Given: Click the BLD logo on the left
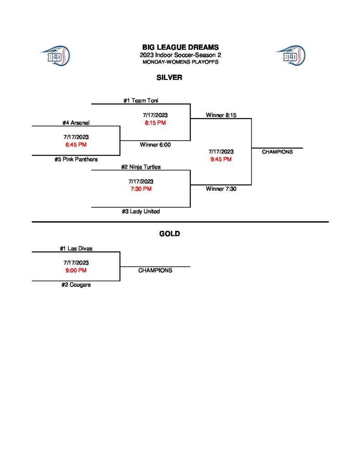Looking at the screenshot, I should (x=55, y=56).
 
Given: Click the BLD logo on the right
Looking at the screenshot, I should (x=290, y=56).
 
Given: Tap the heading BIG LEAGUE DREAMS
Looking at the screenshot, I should (x=180, y=47).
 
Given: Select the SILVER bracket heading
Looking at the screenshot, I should (x=169, y=78).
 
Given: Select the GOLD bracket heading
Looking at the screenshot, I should (x=169, y=234).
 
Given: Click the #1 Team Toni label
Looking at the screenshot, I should (x=141, y=101).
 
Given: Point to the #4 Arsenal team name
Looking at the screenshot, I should (x=76, y=123).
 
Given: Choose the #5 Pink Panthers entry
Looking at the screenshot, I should (x=76, y=160).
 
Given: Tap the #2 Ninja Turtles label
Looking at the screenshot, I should (x=141, y=167).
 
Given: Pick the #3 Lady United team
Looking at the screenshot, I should (x=141, y=212).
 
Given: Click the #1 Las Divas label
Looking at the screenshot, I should (x=76, y=249).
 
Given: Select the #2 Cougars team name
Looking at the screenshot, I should (x=76, y=285).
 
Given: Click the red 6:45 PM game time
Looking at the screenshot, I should (x=76, y=145).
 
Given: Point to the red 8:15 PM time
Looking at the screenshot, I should (x=155, y=123).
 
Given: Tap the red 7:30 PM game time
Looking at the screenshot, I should (x=141, y=189).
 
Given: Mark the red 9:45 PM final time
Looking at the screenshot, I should (x=221, y=159).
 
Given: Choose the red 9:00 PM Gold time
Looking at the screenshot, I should (x=76, y=270).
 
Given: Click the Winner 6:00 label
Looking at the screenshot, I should (x=155, y=145).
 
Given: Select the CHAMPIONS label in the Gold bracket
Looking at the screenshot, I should (x=155, y=270).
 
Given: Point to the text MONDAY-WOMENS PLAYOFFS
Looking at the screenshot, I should (x=180, y=62).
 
